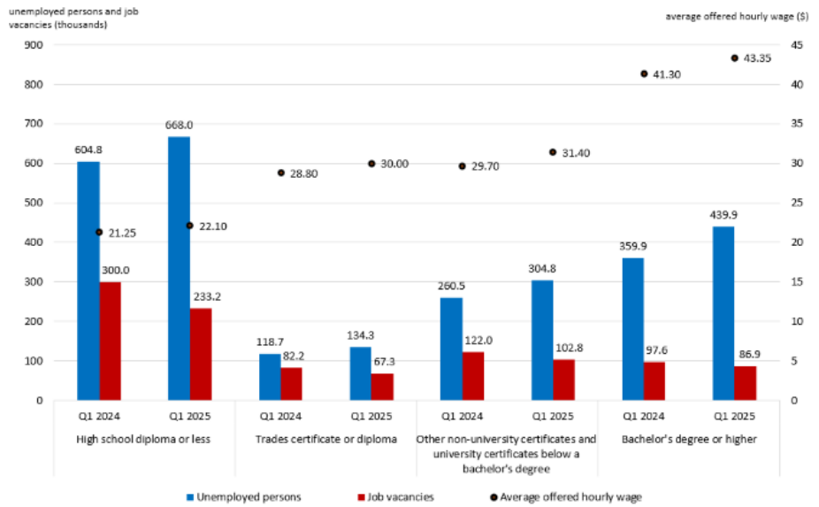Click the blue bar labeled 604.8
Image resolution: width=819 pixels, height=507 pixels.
(x=88, y=280)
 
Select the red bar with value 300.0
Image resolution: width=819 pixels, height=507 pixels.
(x=111, y=341)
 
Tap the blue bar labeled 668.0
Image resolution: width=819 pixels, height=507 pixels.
(x=179, y=268)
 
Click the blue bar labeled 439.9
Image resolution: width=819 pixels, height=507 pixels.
(x=723, y=313)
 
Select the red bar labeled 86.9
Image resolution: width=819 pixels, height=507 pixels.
(x=746, y=383)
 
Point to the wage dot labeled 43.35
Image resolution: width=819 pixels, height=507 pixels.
(x=734, y=58)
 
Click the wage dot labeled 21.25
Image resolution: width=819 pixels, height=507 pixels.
(x=99, y=233)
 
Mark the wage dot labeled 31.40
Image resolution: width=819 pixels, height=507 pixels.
(x=553, y=152)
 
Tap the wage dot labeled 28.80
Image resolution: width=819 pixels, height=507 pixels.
(x=280, y=173)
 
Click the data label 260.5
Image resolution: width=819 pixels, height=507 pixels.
(x=450, y=286)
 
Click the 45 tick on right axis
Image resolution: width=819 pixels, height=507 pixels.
(x=796, y=45)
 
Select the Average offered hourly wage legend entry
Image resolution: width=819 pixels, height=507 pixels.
(x=564, y=497)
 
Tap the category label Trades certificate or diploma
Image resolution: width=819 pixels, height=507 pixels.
(x=326, y=439)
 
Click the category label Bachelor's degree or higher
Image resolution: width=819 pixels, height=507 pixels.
(x=689, y=439)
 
